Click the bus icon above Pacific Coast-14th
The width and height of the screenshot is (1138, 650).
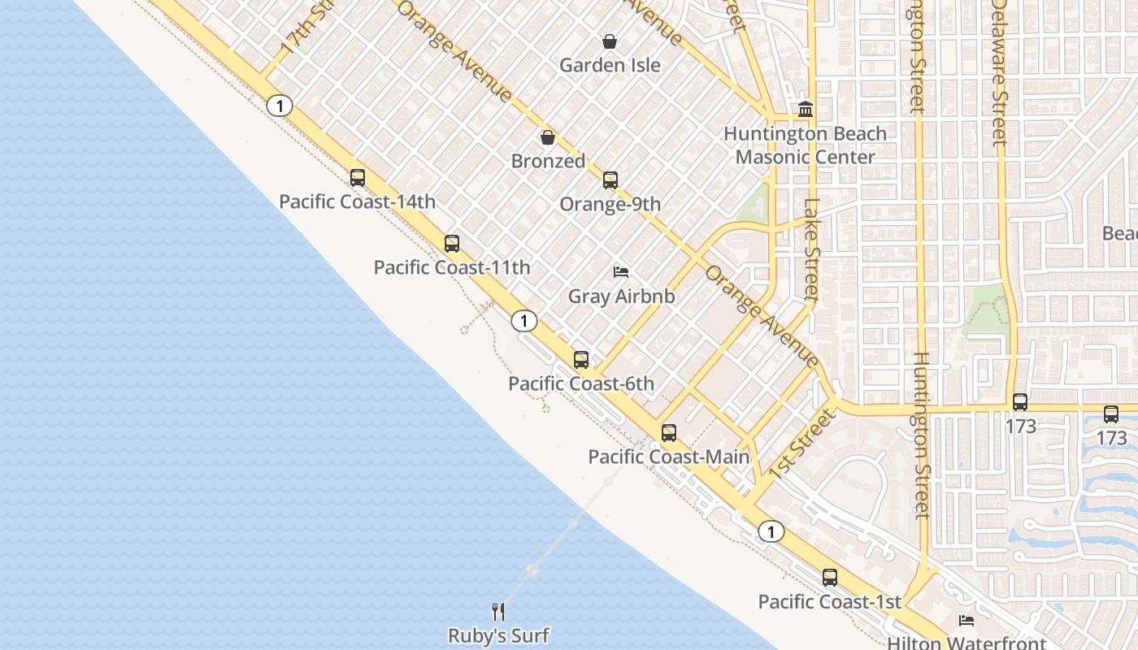pyautogui.click(x=358, y=178)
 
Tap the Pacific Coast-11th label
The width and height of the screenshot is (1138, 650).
pyautogui.click(x=452, y=267)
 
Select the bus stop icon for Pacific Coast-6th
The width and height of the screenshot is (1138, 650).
pyautogui.click(x=581, y=360)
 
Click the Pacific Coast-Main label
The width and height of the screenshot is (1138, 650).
pyautogui.click(x=668, y=457)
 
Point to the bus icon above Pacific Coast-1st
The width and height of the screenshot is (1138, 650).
pyautogui.click(x=830, y=578)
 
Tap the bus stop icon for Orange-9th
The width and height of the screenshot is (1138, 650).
pyautogui.click(x=610, y=180)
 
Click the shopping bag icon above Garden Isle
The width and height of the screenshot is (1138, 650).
pyautogui.click(x=610, y=41)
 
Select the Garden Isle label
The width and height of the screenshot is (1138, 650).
pyautogui.click(x=610, y=65)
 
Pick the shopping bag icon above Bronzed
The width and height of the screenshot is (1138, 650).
pyautogui.click(x=548, y=137)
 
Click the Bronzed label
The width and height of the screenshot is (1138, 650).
pyautogui.click(x=548, y=161)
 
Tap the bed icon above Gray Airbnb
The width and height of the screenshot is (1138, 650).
pyautogui.click(x=621, y=272)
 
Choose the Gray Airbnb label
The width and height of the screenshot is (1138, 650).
pyautogui.click(x=621, y=296)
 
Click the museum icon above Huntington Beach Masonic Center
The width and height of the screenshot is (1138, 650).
pyautogui.click(x=806, y=109)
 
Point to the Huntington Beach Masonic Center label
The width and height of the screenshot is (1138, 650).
pyautogui.click(x=805, y=145)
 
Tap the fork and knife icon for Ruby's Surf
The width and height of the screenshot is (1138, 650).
pyautogui.click(x=498, y=612)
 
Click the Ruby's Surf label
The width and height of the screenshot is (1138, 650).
pyautogui.click(x=498, y=635)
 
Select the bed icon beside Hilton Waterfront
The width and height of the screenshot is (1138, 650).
pyautogui.click(x=966, y=621)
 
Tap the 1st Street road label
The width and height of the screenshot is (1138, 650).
pyautogui.click(x=801, y=444)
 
